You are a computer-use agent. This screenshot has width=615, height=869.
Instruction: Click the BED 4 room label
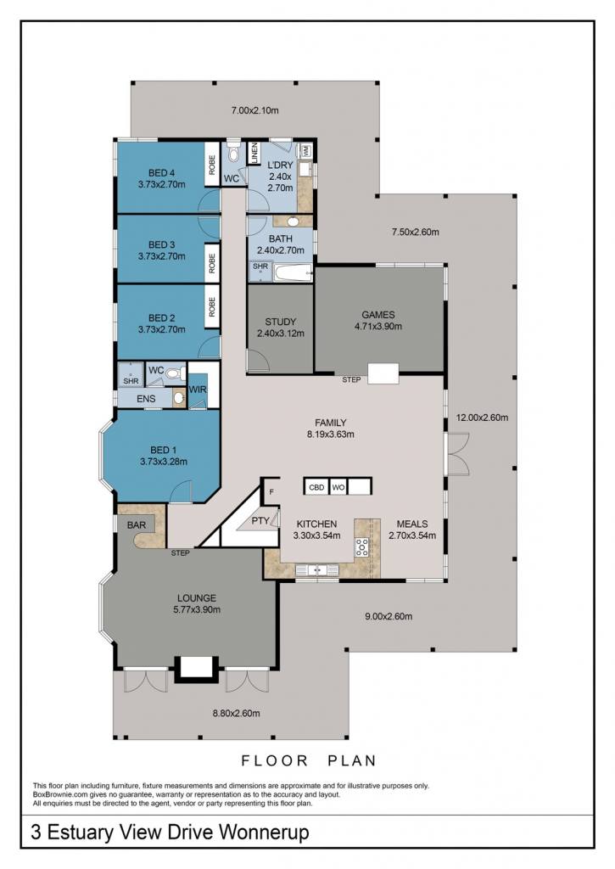pyautogui.click(x=161, y=173)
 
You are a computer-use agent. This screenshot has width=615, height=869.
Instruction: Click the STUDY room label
pyautogui.click(x=280, y=322)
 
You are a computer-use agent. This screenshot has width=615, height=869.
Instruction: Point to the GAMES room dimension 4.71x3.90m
pyautogui.click(x=377, y=327)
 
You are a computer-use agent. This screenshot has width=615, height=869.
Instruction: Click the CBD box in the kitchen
pyautogui.click(x=316, y=487)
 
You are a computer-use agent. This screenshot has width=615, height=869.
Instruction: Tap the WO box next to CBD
pyautogui.click(x=338, y=487)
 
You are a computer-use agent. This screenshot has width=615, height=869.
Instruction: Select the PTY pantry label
pyautogui.click(x=260, y=521)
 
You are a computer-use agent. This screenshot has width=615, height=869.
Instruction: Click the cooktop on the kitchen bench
pyautogui.click(x=362, y=547)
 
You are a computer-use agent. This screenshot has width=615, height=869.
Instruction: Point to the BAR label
pyautogui.click(x=137, y=524)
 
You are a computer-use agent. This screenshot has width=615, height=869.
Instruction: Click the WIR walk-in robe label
pyautogui.click(x=198, y=390)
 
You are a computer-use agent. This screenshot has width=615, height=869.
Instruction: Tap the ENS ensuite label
pyautogui.click(x=146, y=399)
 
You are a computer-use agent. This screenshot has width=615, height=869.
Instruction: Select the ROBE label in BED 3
pyautogui.click(x=212, y=263)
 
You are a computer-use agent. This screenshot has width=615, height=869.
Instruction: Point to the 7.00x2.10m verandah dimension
pyautogui.click(x=254, y=110)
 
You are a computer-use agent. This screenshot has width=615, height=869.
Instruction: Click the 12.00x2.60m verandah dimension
pyautogui.click(x=482, y=418)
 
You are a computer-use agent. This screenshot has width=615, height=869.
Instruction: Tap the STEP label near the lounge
pyautogui.click(x=180, y=552)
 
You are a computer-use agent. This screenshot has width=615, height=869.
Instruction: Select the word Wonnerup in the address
pyautogui.click(x=264, y=832)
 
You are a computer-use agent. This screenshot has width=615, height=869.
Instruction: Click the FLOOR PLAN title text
pyautogui.click(x=309, y=760)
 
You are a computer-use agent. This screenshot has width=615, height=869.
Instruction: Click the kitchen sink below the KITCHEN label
pyautogui.click(x=316, y=569)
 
